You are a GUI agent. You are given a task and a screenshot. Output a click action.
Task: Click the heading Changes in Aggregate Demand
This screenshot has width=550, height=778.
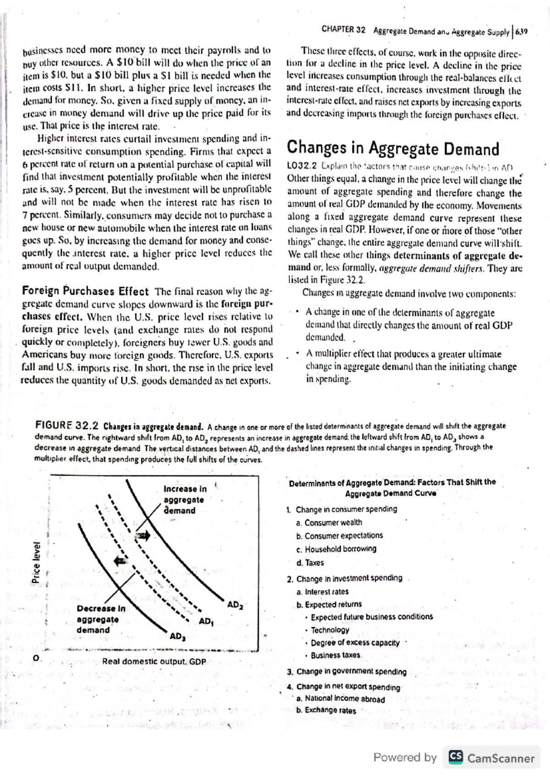coord(393,149)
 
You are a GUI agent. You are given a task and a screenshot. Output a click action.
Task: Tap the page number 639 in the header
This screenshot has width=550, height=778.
coord(521,32)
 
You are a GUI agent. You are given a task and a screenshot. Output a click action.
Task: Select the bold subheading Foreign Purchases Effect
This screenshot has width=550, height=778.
coord(85,291)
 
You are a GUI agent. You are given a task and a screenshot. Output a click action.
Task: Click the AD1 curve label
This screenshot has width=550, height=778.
coord(206,622)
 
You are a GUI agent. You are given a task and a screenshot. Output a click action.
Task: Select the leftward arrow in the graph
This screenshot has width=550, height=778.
coord(121,559)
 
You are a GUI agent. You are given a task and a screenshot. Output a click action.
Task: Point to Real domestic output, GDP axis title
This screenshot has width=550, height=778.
coord(154,662)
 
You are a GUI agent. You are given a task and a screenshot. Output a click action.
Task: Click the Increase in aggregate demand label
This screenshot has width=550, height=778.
coord(185,500)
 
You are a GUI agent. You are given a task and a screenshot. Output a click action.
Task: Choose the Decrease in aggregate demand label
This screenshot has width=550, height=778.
coord(100,619)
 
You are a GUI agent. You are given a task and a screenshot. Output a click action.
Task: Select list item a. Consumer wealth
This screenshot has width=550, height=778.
coord(329,522)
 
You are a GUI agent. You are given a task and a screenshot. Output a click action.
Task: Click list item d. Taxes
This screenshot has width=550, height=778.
coord(310,563)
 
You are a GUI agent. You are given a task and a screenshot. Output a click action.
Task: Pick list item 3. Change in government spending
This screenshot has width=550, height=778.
coord(346,671)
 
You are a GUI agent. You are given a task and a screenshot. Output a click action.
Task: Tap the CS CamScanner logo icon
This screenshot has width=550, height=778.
coord(456,757)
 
